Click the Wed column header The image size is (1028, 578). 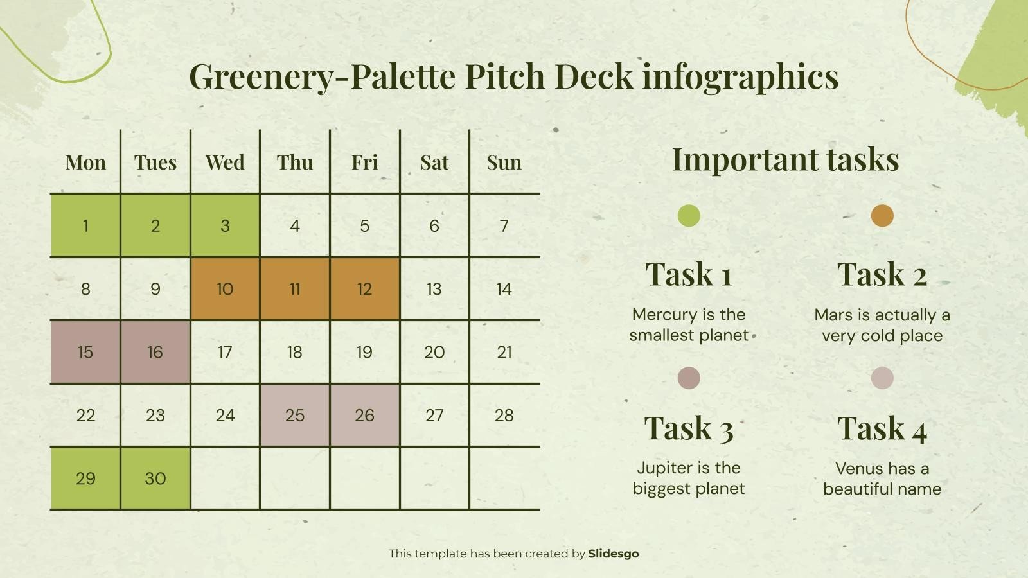coord(225,162)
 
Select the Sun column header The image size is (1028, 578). coord(504,162)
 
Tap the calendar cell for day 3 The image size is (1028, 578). coord(225,225)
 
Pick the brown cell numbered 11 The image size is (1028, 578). coord(295,289)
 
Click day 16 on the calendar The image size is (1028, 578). coord(155,352)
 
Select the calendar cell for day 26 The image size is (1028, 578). coord(364,416)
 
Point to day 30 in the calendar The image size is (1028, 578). coord(155,478)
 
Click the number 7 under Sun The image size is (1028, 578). coord(504,225)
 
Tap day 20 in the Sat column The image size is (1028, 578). coord(434,352)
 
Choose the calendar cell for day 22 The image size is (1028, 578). coord(85,416)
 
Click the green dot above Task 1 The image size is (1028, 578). coord(689,216)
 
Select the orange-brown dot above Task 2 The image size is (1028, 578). coord(882,216)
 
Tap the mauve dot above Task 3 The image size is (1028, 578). coord(689,378)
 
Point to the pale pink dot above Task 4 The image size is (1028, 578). coord(882,378)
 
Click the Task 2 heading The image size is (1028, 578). coord(882,274)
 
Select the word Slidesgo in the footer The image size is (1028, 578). coord(614,554)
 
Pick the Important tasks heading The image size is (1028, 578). coord(785,159)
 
